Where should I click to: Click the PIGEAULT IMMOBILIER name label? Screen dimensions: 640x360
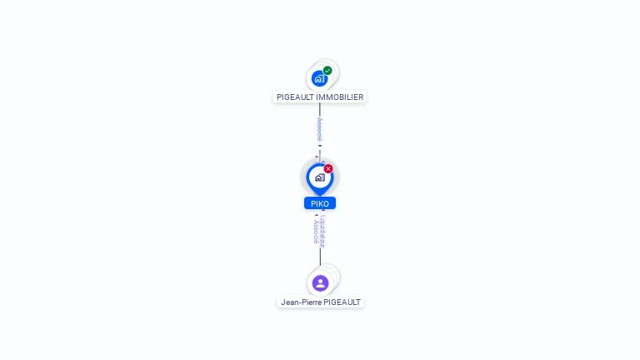point(320,97)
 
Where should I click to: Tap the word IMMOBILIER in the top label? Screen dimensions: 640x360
point(340,97)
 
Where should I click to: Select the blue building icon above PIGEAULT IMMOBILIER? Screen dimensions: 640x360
point(319,78)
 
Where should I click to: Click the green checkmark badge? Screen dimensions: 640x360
point(327,71)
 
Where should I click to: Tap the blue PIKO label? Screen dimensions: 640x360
point(320,203)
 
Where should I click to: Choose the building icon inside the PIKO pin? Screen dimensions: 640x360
point(320,177)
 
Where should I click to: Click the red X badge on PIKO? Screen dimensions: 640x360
point(328,168)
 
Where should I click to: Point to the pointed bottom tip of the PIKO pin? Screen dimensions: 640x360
point(320,194)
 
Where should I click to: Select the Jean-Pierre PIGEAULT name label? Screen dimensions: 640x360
point(320,302)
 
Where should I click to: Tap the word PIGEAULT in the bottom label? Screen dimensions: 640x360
point(342,302)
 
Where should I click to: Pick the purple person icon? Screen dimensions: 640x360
point(320,283)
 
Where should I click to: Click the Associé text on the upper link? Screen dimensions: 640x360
point(319,128)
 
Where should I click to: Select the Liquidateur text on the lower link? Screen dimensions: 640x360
point(323,231)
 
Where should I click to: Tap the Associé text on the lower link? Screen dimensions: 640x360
point(316,231)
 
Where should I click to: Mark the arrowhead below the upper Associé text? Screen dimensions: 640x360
point(319,146)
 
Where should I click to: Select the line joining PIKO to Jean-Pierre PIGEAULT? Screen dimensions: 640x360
point(320,257)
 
